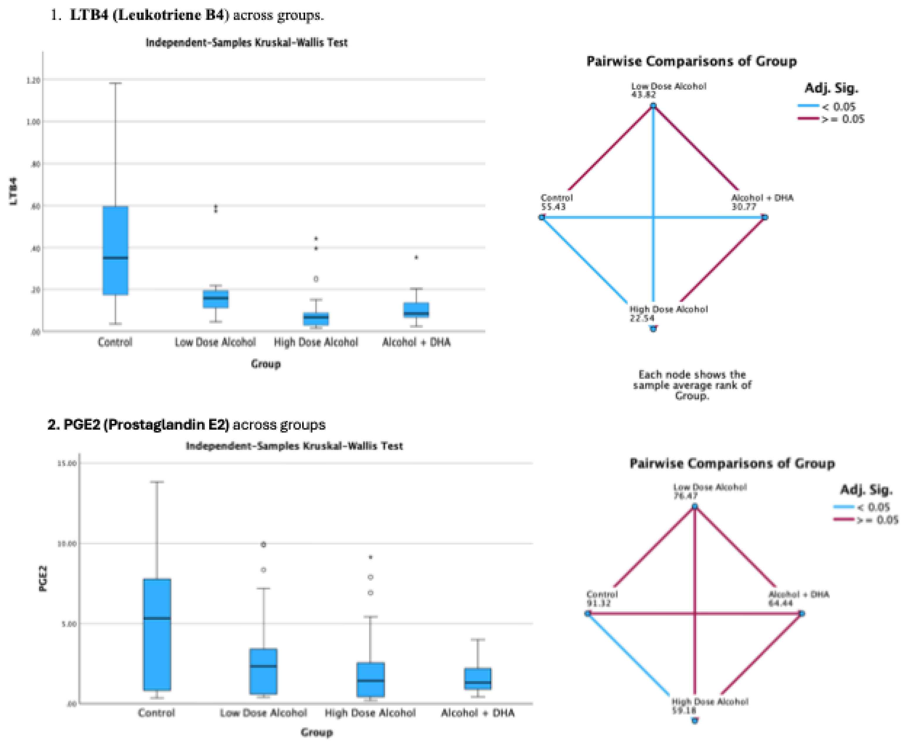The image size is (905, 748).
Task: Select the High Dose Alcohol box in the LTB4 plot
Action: coord(316,319)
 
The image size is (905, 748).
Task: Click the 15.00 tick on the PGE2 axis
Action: coord(67,463)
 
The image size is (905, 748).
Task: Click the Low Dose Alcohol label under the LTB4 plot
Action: coord(215,342)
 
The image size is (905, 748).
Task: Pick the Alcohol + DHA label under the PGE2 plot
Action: coord(477,713)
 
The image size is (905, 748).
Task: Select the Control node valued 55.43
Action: coord(542,218)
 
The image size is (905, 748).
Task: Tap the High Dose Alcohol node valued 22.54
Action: coord(653,329)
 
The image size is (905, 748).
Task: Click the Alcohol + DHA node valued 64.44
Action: coord(802,614)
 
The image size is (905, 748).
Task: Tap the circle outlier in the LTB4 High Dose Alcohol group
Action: coord(316,279)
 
